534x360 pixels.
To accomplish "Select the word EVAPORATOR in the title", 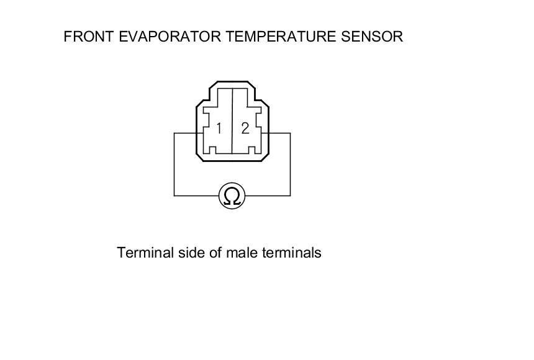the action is point(163,37).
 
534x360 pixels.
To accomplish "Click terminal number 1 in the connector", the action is point(219,128).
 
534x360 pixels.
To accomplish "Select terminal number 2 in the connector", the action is point(245,128).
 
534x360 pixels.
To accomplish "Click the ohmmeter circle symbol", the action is point(232,196).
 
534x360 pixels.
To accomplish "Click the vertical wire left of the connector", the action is point(174,164).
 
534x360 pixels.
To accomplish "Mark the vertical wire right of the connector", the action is point(290,164).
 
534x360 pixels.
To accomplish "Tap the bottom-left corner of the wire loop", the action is point(174,196).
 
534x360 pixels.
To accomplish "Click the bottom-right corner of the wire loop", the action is point(290,196).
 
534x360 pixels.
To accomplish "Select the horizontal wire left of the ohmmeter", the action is point(196,196).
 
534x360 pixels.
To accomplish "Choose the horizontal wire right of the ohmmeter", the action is point(268,196).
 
